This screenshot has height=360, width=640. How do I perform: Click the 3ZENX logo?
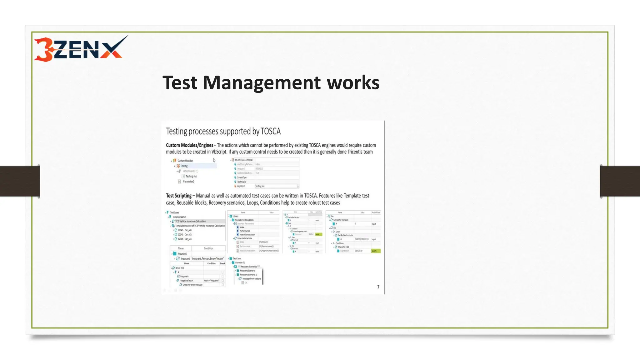[x=81, y=49]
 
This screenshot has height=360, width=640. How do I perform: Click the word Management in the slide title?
[x=262, y=83]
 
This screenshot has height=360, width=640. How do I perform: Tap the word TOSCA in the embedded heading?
[x=270, y=131]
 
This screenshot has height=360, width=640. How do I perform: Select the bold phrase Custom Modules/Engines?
[x=189, y=145]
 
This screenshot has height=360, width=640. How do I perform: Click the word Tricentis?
[x=354, y=152]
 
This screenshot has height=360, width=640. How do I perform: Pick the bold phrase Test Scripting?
[x=178, y=196]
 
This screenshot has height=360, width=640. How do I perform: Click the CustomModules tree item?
[x=185, y=161]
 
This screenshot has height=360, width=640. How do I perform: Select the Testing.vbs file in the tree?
[x=191, y=176]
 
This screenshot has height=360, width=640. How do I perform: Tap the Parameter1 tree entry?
[x=188, y=182]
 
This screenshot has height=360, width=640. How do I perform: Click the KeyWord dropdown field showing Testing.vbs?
[x=277, y=186]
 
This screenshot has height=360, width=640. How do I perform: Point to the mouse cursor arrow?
[x=214, y=160]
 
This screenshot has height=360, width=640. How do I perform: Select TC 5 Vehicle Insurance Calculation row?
[x=190, y=221]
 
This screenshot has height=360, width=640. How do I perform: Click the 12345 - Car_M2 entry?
[x=185, y=234]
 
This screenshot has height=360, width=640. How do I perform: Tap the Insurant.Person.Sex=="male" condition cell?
[x=208, y=258]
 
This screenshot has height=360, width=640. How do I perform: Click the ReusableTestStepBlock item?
[x=244, y=220]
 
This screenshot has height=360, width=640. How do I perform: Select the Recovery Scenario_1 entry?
[x=248, y=275]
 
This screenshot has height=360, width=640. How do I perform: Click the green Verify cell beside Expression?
[x=375, y=251]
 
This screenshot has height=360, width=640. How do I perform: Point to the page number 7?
[x=378, y=287]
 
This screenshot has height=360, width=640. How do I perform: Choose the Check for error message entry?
[x=192, y=285]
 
